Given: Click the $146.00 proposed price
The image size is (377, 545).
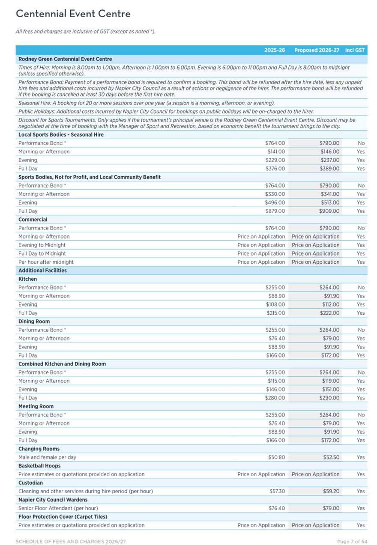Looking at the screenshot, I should tap(329, 152).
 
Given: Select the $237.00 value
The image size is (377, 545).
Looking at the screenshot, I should tap(329, 160).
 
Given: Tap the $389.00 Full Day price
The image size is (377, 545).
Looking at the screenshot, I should tap(329, 169).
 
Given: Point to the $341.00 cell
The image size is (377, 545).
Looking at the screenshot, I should tap(329, 194).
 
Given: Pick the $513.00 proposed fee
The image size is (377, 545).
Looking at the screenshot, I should tap(329, 203).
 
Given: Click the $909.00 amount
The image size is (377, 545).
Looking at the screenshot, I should tap(329, 211).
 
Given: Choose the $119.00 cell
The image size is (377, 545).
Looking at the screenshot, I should tap(330, 381).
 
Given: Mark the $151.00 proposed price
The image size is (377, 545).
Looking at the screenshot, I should tap(330, 390).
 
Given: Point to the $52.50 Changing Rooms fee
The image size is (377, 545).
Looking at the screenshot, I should tap(331, 457).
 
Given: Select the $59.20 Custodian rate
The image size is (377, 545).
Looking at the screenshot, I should tap(331, 491).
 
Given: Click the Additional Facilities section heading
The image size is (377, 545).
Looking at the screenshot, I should tap(42, 271).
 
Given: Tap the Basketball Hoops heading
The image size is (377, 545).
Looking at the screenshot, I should tap(39, 466).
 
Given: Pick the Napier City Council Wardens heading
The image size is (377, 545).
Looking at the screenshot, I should tap(53, 500).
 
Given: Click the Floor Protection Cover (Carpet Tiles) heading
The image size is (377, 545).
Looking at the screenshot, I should tap(63, 517).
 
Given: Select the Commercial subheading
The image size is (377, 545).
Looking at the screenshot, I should tap(33, 220).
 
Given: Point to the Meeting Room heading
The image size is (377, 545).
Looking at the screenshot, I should tap(36, 406).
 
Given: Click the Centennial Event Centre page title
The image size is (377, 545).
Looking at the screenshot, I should tap(73, 14).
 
